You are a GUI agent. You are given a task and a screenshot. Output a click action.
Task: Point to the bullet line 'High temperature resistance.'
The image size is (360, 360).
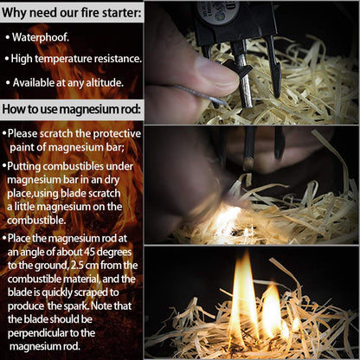click(76, 59)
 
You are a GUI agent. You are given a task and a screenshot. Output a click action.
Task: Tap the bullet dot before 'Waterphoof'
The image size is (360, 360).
click(7, 38)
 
